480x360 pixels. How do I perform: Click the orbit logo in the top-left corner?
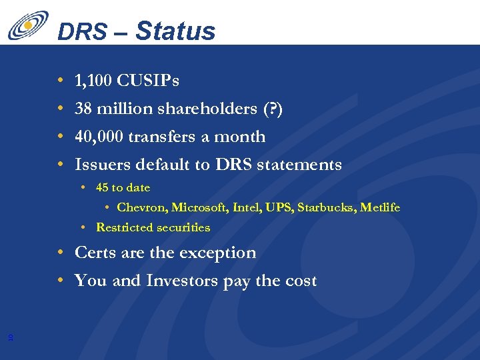(28, 26)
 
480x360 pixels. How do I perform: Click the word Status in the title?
(175, 31)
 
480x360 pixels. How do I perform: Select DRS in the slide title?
(81, 32)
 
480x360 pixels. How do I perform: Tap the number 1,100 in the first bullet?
(93, 81)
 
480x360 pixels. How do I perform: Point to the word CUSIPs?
(147, 81)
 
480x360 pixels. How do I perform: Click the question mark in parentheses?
(275, 109)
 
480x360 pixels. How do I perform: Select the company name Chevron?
(141, 207)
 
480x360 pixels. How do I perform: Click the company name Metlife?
(380, 207)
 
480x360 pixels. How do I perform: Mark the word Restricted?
(123, 227)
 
